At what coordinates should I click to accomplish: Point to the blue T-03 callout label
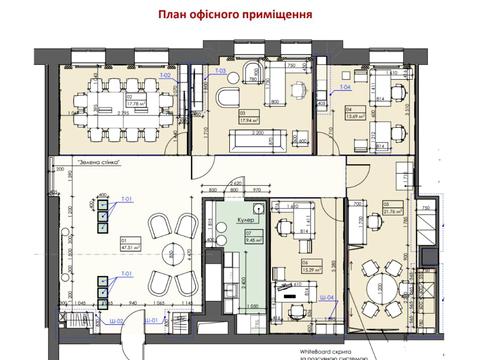[x=219, y=72]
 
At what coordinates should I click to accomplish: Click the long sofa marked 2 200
[x=256, y=140]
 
